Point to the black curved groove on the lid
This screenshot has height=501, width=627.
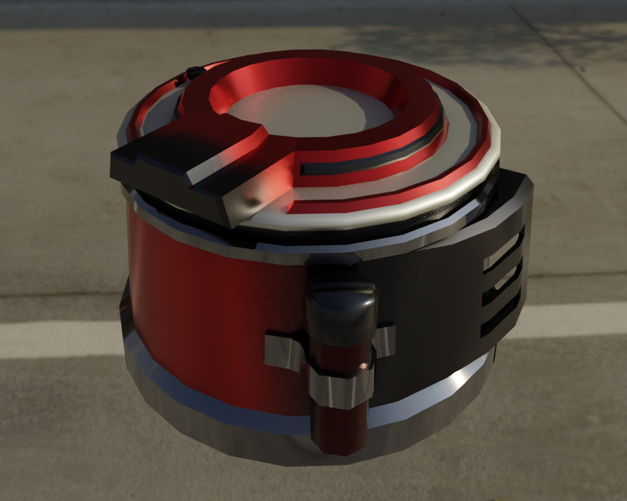coord(376,157)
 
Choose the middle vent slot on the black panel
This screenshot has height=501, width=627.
coord(502,282)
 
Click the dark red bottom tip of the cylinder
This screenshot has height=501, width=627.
coord(339,432)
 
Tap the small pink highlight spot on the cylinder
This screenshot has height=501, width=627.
coord(362,364)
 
